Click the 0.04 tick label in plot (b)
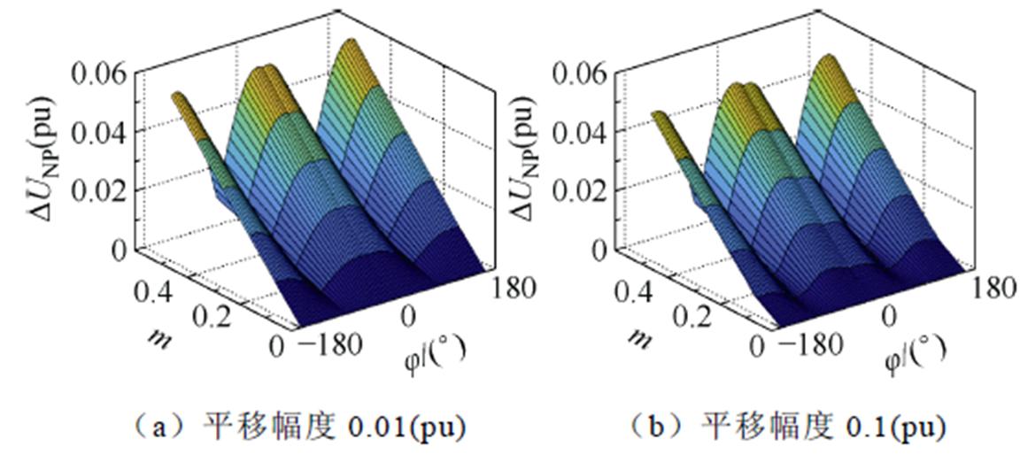(586, 131)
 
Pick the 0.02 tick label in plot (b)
(586, 189)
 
